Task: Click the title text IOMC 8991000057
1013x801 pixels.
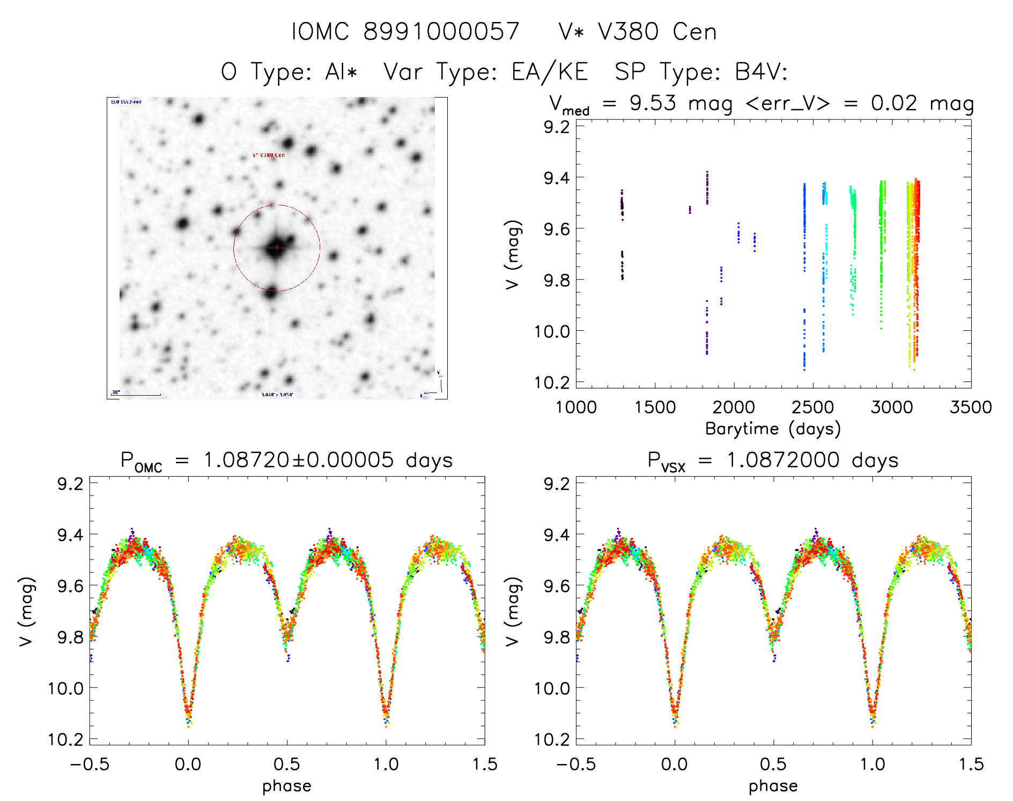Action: [405, 32]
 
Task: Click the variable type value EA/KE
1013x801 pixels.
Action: [550, 72]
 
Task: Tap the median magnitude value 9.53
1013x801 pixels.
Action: [653, 103]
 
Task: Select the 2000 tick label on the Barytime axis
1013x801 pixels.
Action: [734, 407]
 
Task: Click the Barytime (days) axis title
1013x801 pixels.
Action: [773, 429]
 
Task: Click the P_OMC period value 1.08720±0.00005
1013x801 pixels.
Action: [299, 460]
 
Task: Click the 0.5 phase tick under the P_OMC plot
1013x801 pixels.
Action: [287, 764]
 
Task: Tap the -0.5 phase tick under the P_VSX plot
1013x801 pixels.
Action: [575, 764]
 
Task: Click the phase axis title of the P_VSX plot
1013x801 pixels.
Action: [773, 786]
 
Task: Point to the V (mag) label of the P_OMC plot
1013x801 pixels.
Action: [26, 611]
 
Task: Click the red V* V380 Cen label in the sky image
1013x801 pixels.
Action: [269, 155]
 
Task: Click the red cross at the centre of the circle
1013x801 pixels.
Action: [277, 247]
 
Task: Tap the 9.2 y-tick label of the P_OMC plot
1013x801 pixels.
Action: [70, 484]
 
